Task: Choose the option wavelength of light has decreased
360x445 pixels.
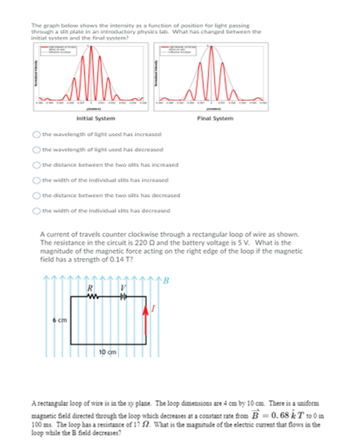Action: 37,149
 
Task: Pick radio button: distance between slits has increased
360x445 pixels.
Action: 37,164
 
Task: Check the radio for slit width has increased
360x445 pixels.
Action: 37,180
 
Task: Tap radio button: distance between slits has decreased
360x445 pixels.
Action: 37,195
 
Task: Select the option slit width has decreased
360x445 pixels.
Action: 37,210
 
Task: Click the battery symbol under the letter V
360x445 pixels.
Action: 123,296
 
